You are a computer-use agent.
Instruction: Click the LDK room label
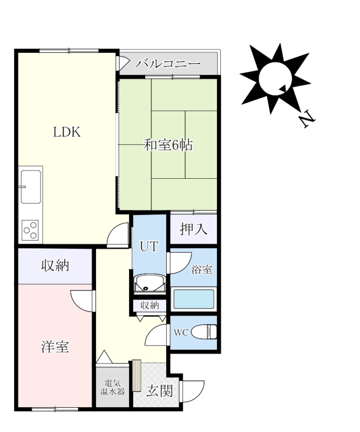click(x=66, y=132)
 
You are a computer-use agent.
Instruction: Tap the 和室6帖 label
click(x=168, y=145)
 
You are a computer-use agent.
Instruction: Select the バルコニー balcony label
click(x=168, y=64)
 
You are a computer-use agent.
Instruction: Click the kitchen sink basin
click(x=31, y=186)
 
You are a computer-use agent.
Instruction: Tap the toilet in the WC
click(x=204, y=332)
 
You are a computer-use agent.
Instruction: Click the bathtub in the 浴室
click(x=194, y=299)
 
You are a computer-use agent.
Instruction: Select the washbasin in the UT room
click(x=150, y=284)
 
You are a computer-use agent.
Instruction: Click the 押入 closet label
click(x=194, y=229)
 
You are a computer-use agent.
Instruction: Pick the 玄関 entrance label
click(x=159, y=390)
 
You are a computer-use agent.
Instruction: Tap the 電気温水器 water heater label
click(x=112, y=387)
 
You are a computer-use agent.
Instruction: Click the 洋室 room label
click(x=55, y=347)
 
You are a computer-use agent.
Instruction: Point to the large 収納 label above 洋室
click(x=55, y=266)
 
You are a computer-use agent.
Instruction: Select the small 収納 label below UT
click(x=150, y=305)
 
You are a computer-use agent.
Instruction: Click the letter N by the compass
click(x=308, y=119)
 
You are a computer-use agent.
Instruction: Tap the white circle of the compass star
click(x=275, y=78)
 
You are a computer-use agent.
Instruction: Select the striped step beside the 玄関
click(x=137, y=375)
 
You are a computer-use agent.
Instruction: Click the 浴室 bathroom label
click(x=202, y=269)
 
